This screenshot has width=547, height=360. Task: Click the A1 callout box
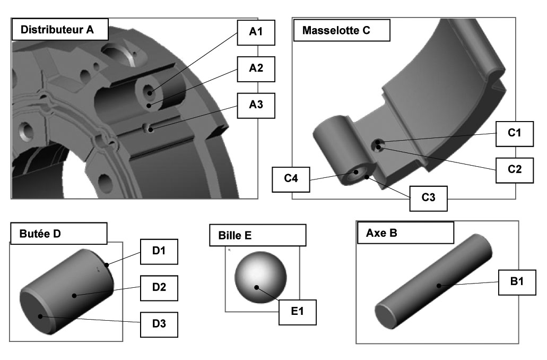[256, 32]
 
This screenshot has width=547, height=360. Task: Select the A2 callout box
[256, 68]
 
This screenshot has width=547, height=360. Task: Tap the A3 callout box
[256, 105]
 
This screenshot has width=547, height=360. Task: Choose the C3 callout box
[428, 198]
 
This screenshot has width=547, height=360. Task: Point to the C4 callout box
[290, 179]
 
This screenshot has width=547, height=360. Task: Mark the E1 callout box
[298, 312]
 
